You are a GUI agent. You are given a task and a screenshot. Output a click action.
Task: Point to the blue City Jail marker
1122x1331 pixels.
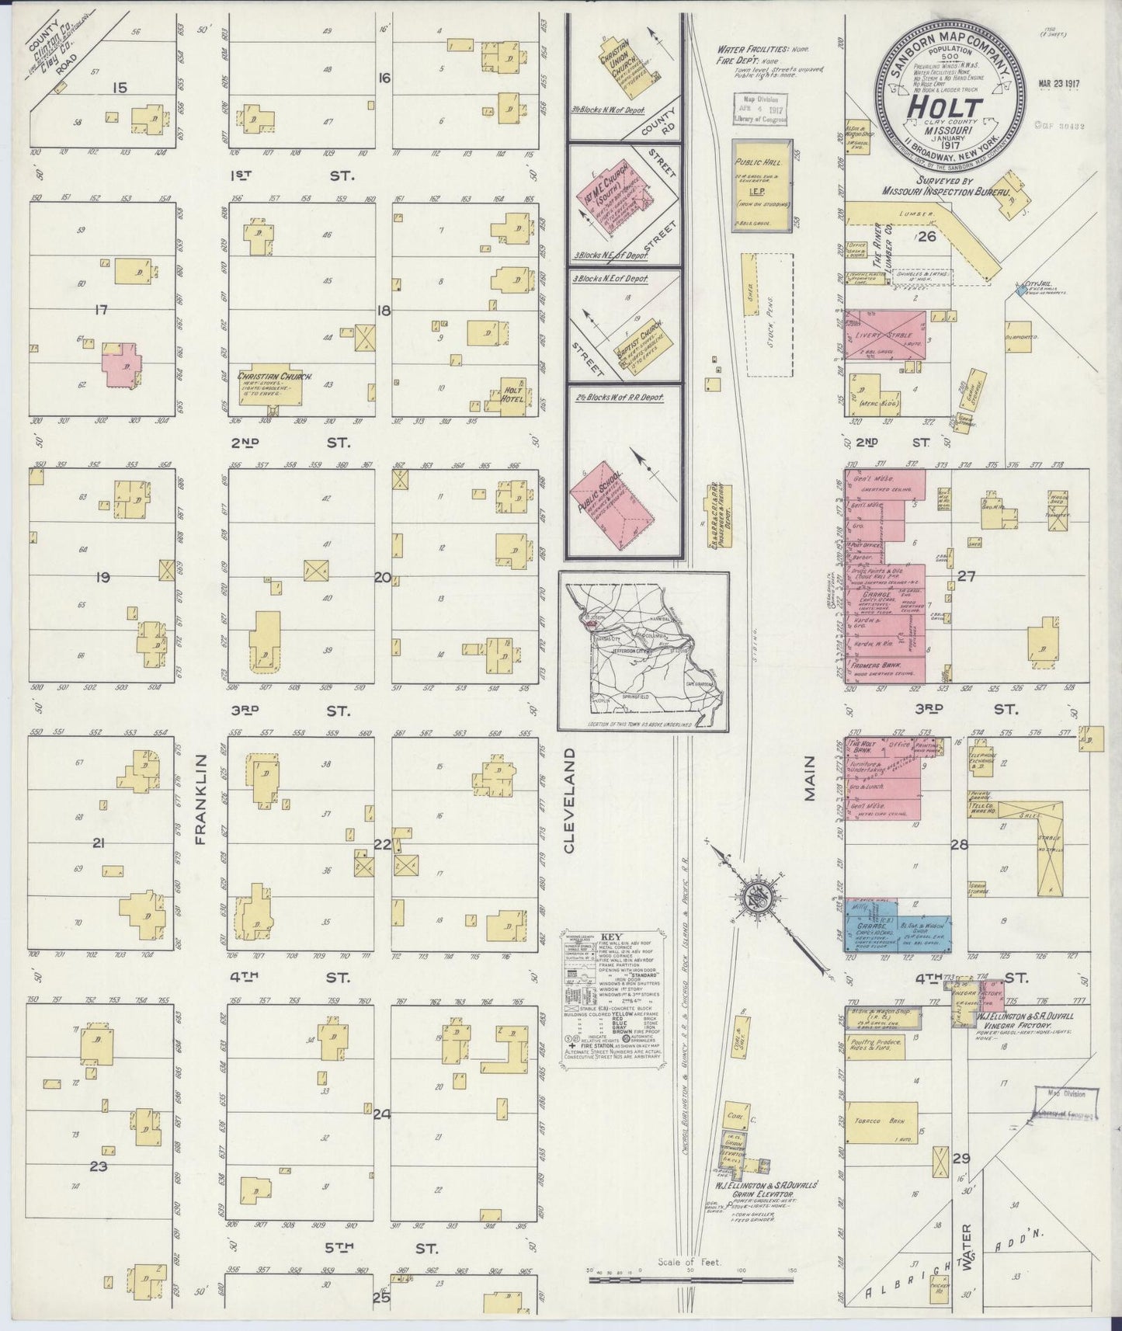1020,291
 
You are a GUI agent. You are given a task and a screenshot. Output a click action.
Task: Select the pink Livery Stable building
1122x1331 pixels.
885,335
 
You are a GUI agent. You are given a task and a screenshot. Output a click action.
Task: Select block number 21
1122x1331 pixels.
98,843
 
